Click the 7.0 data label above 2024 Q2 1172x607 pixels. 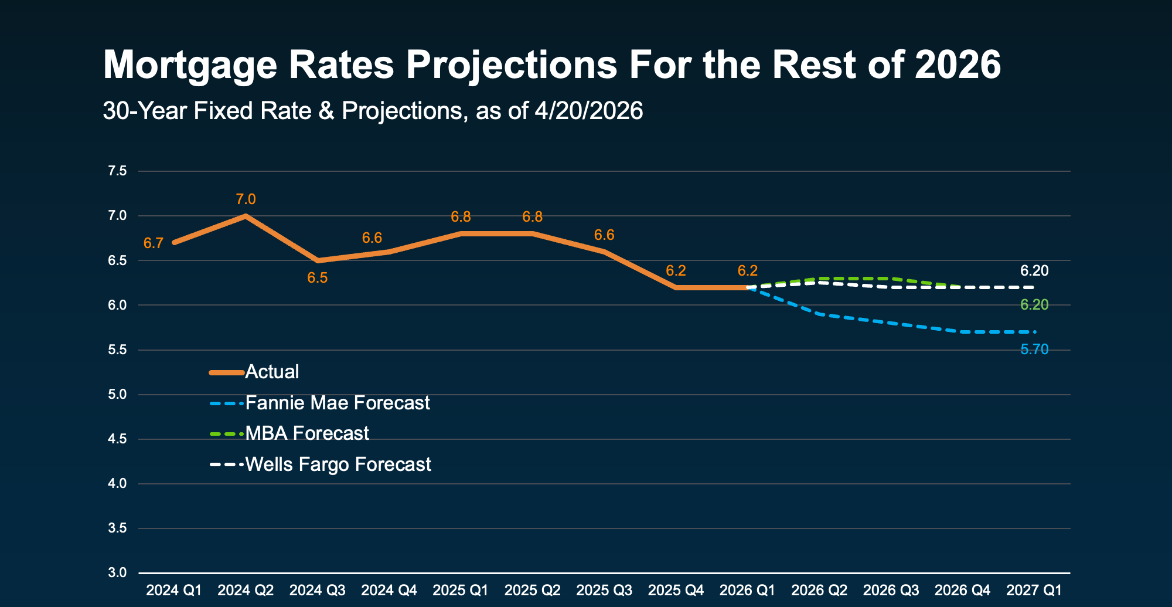(x=246, y=199)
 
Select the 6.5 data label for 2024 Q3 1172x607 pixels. (x=318, y=278)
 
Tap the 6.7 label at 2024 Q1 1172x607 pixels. (x=154, y=243)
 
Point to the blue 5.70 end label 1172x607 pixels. (x=1034, y=350)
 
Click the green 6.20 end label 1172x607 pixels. (x=1034, y=304)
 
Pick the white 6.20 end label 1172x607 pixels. (x=1034, y=270)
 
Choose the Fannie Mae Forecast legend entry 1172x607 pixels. (x=337, y=403)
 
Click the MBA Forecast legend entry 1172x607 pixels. (x=306, y=433)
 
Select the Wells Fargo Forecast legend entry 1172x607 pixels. (x=338, y=464)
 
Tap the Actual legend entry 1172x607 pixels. (x=272, y=372)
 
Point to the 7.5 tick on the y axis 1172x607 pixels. (x=117, y=171)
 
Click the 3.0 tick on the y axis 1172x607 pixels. (x=117, y=573)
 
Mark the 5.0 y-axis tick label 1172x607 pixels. (x=117, y=395)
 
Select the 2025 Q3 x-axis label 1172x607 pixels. (x=604, y=590)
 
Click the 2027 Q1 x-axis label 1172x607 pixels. (x=1034, y=590)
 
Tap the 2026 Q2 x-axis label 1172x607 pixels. (x=819, y=590)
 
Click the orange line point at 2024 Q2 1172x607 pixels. (x=246, y=216)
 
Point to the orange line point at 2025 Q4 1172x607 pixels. (x=676, y=287)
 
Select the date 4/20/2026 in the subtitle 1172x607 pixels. (x=588, y=111)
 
